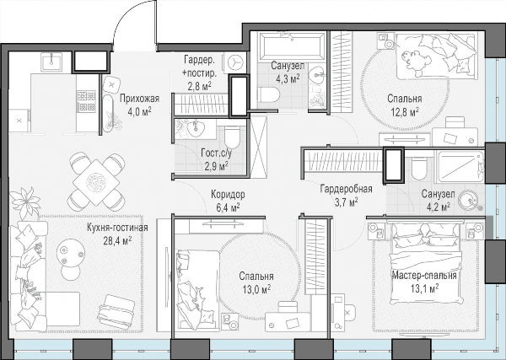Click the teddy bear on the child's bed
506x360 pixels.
coord(414,61)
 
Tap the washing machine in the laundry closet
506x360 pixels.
coord(234,62)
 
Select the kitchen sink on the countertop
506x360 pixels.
coord(51,62)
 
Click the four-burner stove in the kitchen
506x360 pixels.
coord(86,101)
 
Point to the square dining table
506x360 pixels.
coord(97,182)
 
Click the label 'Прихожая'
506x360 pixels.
coord(140,99)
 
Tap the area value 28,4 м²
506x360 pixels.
coord(117,240)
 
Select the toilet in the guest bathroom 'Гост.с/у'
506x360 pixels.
coord(232,137)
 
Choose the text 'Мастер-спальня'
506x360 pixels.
coord(424,276)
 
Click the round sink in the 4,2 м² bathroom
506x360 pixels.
coord(469,199)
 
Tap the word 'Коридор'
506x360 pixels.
coord(228,195)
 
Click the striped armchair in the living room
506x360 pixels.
coord(117,309)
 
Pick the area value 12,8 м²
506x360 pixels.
coord(404,113)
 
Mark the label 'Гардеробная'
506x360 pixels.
coord(347,189)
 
